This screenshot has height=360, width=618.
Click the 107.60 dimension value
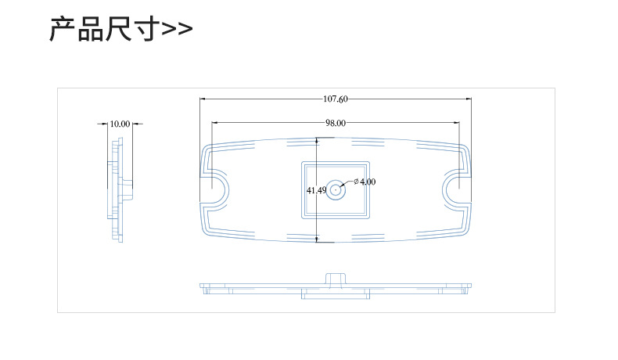[x=336, y=99]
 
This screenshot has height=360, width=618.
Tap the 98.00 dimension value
[x=336, y=123]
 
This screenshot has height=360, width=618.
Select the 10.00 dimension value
[x=120, y=124]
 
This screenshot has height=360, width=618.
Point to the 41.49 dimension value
[x=317, y=190]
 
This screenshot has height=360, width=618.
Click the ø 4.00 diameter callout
[x=365, y=182]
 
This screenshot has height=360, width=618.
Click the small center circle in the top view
[x=336, y=190]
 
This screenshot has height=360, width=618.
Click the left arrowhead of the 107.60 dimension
[x=203, y=99]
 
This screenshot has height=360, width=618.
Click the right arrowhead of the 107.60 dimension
[x=469, y=99]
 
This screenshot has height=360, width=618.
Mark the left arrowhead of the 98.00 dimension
[x=214, y=123]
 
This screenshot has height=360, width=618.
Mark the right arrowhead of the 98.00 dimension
[x=457, y=123]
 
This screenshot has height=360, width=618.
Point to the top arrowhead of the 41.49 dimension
[x=318, y=141]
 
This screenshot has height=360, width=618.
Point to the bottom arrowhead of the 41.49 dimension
[x=318, y=239]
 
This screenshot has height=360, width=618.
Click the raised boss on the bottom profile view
[x=336, y=279]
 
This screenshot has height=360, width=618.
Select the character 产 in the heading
[x=63, y=29]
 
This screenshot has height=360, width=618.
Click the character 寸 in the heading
[x=146, y=29]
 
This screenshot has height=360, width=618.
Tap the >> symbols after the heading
[x=177, y=29]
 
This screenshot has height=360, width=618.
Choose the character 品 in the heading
[x=91, y=29]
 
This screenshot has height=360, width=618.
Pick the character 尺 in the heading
[x=119, y=29]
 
